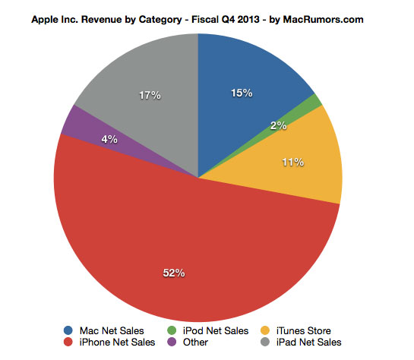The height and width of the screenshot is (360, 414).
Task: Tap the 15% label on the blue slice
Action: pyautogui.click(x=242, y=93)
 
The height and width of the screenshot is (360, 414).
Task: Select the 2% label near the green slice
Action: pyautogui.click(x=278, y=126)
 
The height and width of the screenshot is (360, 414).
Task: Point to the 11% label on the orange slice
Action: pyautogui.click(x=293, y=162)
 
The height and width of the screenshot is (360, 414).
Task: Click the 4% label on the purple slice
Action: pyautogui.click(x=110, y=139)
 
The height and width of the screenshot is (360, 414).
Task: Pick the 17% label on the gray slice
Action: pyautogui.click(x=150, y=95)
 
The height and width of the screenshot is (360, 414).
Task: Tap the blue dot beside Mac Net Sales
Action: pyautogui.click(x=69, y=331)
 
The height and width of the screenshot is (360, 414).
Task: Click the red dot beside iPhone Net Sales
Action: pyautogui.click(x=69, y=343)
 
